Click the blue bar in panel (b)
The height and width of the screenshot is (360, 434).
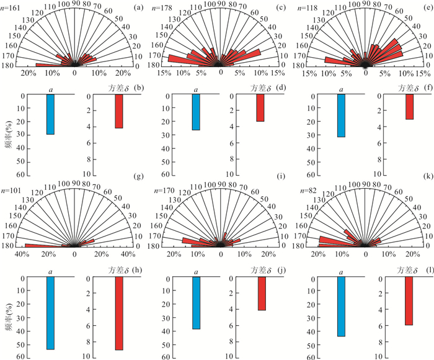coord(50,114)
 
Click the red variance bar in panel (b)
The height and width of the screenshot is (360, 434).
coord(118,111)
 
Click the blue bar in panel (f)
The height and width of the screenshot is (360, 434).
coord(341,115)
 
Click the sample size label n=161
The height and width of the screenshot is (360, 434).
coord(12,7)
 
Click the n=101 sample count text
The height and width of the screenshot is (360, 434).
coord(12,185)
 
